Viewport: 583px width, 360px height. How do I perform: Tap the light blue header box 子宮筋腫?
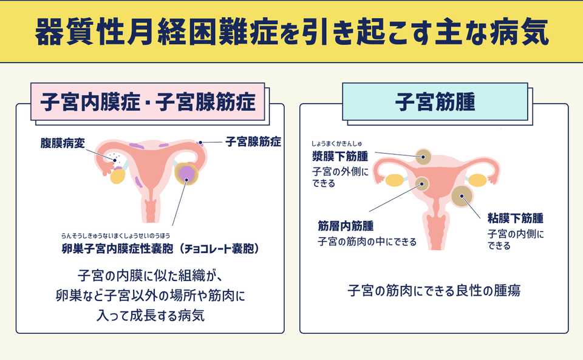(x=435, y=101)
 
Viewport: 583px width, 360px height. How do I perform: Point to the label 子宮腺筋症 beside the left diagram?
(x=253, y=142)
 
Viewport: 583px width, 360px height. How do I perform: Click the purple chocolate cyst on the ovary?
(x=188, y=175)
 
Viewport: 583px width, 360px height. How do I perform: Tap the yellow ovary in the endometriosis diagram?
(x=118, y=175)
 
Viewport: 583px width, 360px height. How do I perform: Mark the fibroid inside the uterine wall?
(x=420, y=183)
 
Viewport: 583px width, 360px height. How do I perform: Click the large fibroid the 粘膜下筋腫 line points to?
(x=463, y=196)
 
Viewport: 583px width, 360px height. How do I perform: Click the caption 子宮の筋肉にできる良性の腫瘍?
(x=434, y=291)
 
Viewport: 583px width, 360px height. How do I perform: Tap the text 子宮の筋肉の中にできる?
(x=367, y=242)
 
